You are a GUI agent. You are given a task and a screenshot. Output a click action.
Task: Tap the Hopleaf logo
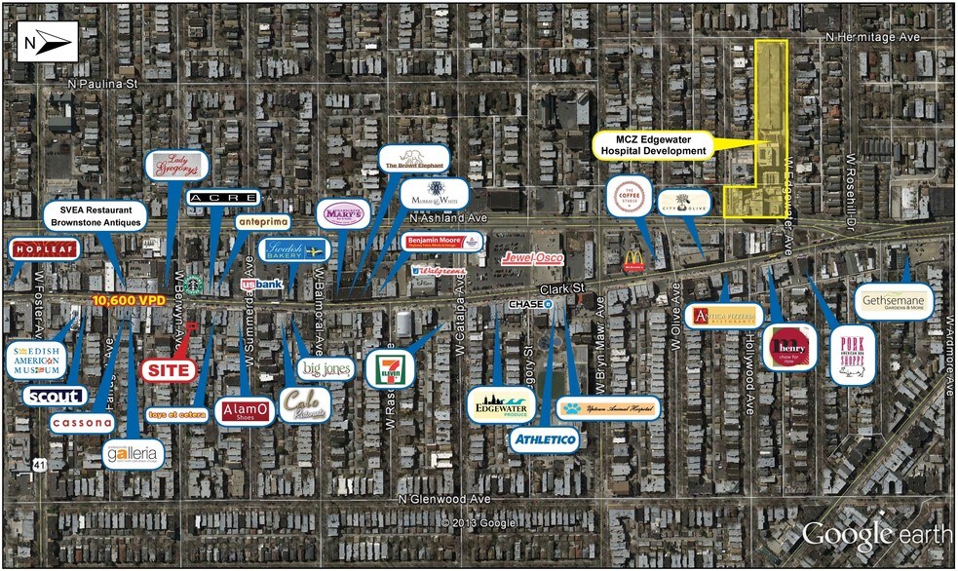click(x=44, y=248)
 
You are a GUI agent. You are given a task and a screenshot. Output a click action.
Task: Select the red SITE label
click(x=169, y=370)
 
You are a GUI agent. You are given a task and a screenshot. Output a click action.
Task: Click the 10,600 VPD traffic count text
click(x=129, y=301)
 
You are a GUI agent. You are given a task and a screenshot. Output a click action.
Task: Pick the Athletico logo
click(x=545, y=440)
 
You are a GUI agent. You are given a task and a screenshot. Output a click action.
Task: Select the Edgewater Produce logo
click(x=501, y=403)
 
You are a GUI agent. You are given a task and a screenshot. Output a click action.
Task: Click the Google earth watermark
click(x=871, y=533)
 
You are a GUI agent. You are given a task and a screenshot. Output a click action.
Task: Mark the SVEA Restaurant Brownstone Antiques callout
click(x=95, y=215)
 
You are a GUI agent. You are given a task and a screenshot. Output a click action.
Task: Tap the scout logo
click(x=54, y=397)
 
